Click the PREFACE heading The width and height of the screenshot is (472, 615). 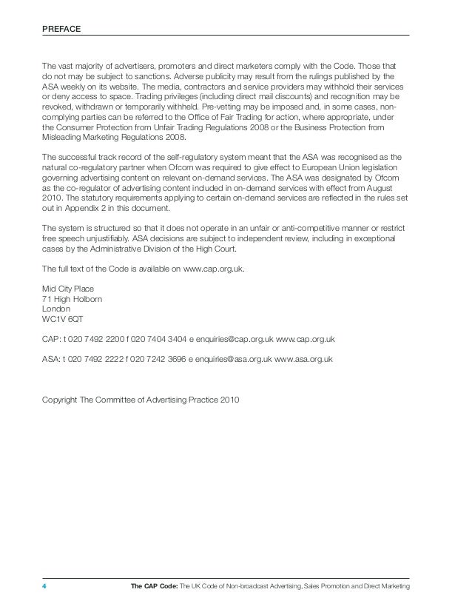point(61,29)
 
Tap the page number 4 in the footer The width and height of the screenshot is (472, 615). point(44,587)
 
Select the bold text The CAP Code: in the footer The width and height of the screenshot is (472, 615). point(152,587)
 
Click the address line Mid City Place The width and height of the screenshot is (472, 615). point(68,288)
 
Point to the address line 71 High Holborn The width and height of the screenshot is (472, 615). point(73,299)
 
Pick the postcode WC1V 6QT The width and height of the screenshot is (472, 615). point(63,320)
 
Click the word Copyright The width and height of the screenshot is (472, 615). point(60,400)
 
